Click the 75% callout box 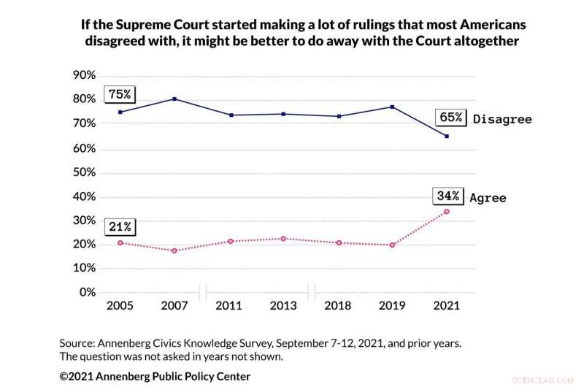pyautogui.click(x=120, y=94)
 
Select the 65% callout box pyautogui.click(x=450, y=117)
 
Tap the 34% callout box pyautogui.click(x=447, y=196)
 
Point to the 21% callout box pyautogui.click(x=120, y=226)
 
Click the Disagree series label pyautogui.click(x=502, y=119)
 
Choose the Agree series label pyautogui.click(x=488, y=198)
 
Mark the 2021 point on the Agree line pyautogui.click(x=447, y=212)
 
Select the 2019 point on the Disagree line pyautogui.click(x=392, y=107)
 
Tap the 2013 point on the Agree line pyautogui.click(x=283, y=239)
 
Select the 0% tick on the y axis pyautogui.click(x=87, y=293)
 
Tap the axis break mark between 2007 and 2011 pyautogui.click(x=203, y=293)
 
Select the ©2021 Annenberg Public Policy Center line pyautogui.click(x=155, y=376)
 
